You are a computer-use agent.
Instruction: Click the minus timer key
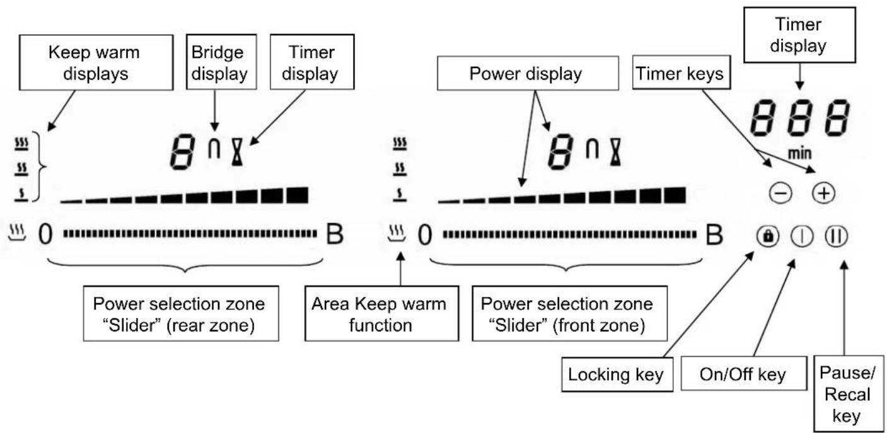(x=780, y=193)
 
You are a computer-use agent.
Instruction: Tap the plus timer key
(x=823, y=193)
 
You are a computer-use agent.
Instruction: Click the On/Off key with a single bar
(x=803, y=236)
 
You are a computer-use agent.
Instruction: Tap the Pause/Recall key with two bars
(x=837, y=236)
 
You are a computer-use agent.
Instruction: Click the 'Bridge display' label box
(x=221, y=62)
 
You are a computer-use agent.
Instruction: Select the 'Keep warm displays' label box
(x=96, y=62)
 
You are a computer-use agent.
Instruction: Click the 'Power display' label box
(x=528, y=73)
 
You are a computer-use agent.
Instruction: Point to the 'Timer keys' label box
(x=681, y=72)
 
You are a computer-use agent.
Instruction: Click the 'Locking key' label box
(x=617, y=374)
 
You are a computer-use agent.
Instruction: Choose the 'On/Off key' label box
(x=744, y=374)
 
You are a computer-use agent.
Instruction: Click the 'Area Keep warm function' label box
(x=382, y=313)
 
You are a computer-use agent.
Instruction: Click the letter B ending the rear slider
(x=334, y=234)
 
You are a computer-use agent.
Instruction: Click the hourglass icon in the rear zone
(x=237, y=152)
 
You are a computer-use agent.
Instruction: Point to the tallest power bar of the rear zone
(x=298, y=195)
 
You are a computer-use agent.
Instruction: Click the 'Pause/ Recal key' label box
(x=849, y=394)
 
